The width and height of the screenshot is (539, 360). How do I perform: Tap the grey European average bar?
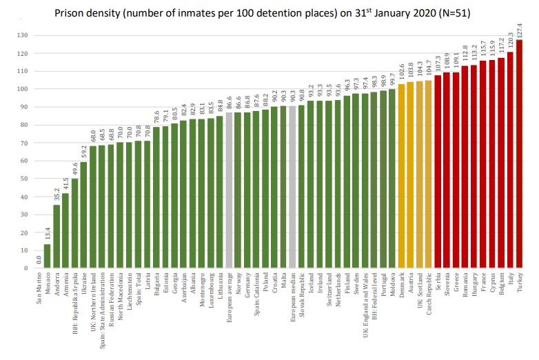pyautogui.click(x=229, y=190)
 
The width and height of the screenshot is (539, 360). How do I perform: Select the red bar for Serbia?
pyautogui.click(x=437, y=172)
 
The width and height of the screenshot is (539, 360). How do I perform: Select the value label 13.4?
pyautogui.click(x=48, y=234)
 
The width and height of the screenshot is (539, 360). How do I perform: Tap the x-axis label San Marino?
pyautogui.click(x=39, y=290)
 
